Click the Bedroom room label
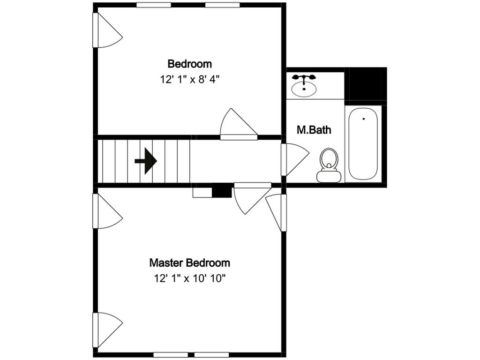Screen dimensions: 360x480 click(189, 64)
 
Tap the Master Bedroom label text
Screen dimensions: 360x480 click(189, 262)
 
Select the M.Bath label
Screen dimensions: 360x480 click(314, 130)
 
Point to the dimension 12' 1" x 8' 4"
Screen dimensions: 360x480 click(189, 79)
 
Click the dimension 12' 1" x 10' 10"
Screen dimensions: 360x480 click(189, 278)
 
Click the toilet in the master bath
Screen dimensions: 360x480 click(329, 159)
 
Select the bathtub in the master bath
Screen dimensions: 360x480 click(363, 143)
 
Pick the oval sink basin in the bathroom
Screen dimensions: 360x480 click(304, 89)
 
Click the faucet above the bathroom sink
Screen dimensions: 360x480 click(304, 78)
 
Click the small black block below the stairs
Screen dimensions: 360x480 click(222, 192)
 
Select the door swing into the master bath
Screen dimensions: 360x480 click(294, 159)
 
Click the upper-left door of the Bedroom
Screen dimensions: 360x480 click(107, 31)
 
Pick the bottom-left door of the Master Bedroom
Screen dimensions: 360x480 click(107, 330)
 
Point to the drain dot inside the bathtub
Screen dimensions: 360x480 click(363, 119)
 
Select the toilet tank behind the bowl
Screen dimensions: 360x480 click(329, 176)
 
